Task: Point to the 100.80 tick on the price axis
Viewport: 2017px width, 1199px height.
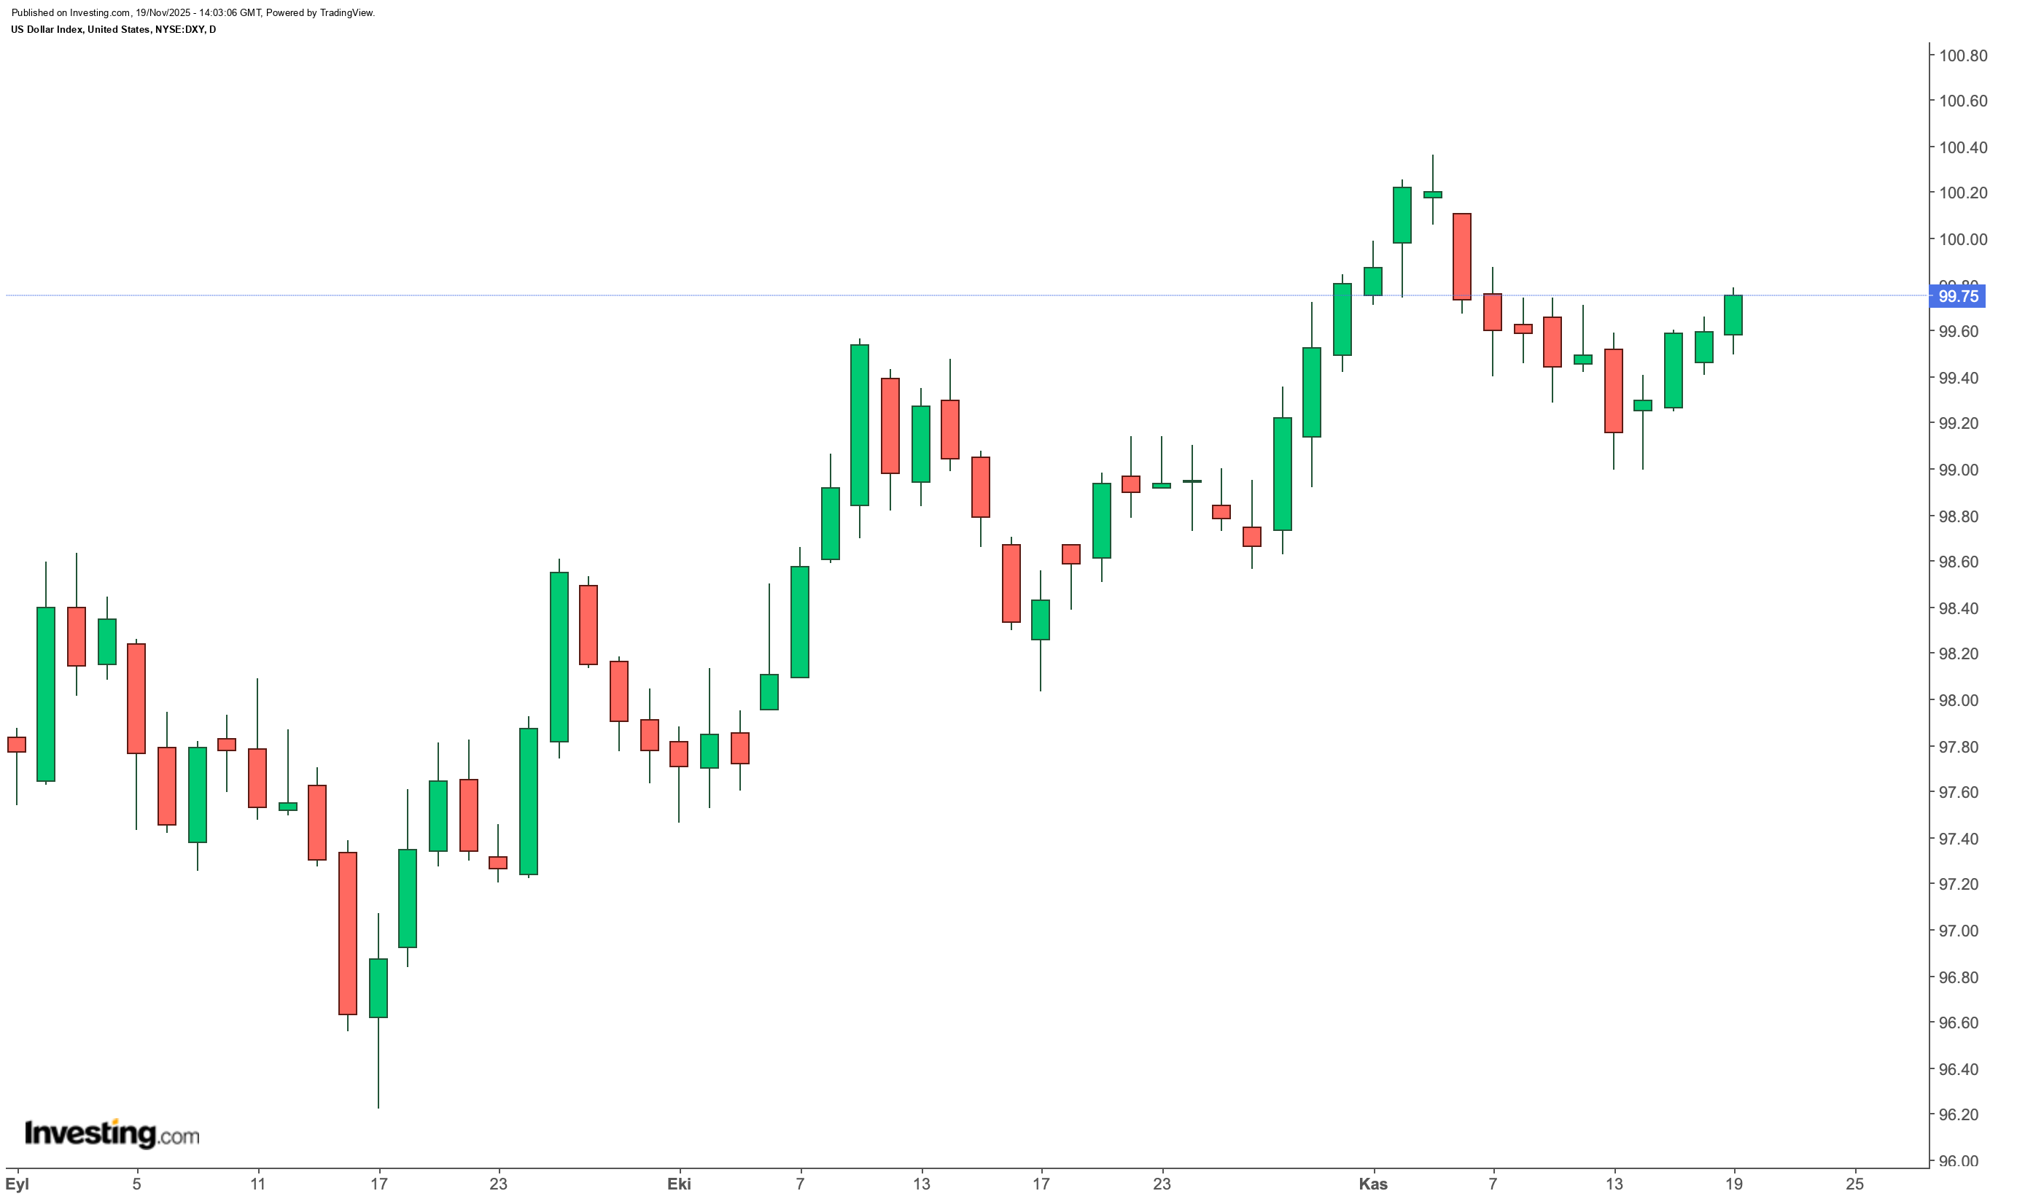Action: [1963, 55]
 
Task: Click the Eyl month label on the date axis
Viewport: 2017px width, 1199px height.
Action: [17, 1184]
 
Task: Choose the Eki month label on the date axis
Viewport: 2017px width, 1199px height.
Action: [678, 1184]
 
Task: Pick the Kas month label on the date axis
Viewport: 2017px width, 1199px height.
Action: [1372, 1184]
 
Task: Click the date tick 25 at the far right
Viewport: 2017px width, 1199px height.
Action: [1855, 1184]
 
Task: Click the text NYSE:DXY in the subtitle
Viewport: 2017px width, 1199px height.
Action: [174, 30]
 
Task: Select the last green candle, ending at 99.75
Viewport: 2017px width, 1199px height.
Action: [1733, 315]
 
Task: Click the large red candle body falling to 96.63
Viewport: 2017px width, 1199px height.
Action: [347, 934]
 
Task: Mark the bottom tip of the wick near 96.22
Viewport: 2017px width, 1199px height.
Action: [378, 1107]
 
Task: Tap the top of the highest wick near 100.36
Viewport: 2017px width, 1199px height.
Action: [1432, 156]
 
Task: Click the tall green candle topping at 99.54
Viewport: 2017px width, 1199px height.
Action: [860, 425]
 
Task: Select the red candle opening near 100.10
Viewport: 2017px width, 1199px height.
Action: [1461, 257]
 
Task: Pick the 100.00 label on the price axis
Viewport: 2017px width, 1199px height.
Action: [1963, 239]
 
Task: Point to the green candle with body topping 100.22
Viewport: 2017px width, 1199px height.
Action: [1402, 215]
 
